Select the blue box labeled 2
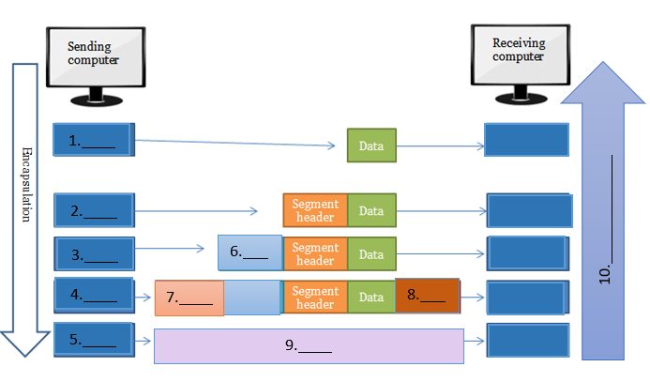pos(96,210)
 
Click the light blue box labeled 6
pos(249,252)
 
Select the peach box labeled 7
pos(189,298)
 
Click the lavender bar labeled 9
pos(310,345)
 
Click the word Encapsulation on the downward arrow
pos(25,183)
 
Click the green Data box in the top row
pos(371,145)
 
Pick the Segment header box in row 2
pos(315,210)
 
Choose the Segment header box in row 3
pos(315,253)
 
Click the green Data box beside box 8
pos(371,297)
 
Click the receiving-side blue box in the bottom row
pos(526,340)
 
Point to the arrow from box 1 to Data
pos(234,144)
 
